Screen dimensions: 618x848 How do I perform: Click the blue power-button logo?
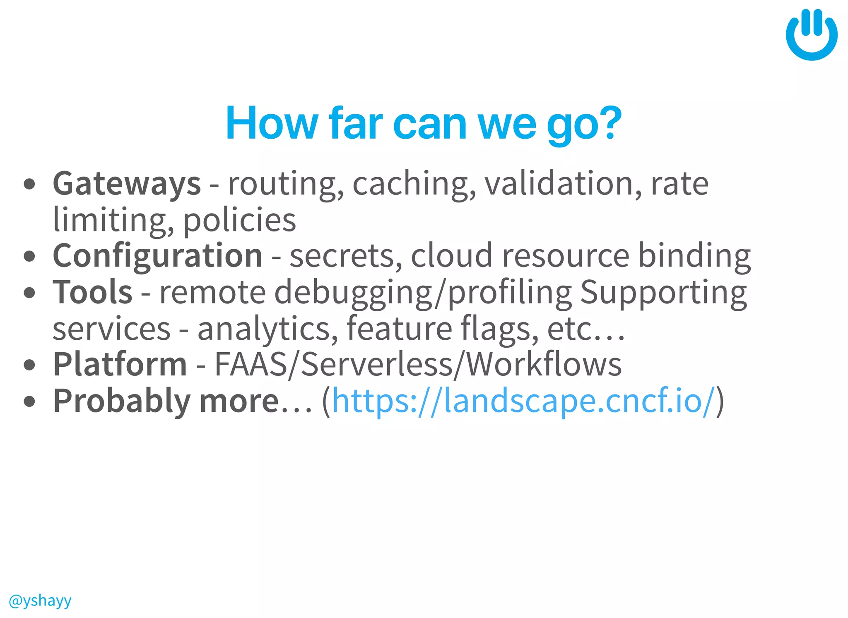[812, 35]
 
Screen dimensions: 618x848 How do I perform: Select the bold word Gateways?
[127, 184]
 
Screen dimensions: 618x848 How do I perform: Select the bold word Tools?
[92, 292]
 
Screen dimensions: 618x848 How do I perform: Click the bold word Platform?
[120, 365]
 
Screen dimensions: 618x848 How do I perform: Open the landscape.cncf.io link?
[523, 401]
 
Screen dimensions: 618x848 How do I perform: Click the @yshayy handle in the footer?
[40, 600]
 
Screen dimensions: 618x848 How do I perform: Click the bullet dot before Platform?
[29, 365]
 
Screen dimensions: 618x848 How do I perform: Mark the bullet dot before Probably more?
[29, 401]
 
